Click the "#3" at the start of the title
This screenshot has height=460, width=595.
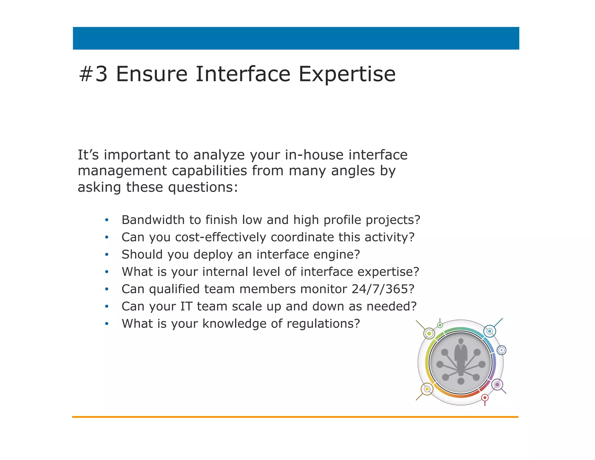point(93,74)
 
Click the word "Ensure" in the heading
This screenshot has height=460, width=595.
point(152,74)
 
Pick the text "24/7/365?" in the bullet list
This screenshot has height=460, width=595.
point(383,289)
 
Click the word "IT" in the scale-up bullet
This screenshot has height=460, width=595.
point(186,306)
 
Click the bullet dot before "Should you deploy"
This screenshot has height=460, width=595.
point(107,255)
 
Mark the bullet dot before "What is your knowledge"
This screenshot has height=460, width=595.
point(107,324)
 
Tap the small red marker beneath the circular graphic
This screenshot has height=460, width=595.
point(485,398)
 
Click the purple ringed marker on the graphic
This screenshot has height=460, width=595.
point(497,385)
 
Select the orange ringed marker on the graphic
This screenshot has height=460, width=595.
point(427,389)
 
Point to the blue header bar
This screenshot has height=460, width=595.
point(296,38)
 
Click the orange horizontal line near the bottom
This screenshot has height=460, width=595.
point(295,417)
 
